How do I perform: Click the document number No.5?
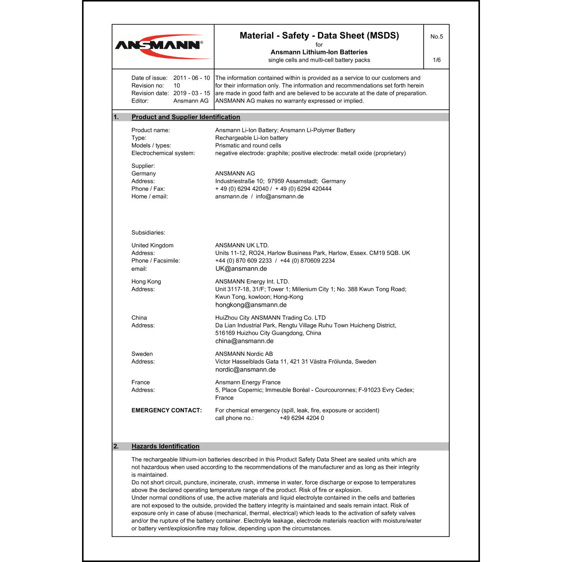click(x=436, y=37)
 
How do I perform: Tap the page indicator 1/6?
click(x=436, y=60)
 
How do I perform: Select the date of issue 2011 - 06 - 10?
click(x=191, y=78)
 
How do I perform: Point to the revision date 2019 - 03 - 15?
click(x=191, y=93)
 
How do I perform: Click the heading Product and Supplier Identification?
click(x=185, y=117)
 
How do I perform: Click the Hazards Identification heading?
click(x=165, y=447)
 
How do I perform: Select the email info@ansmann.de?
click(x=280, y=197)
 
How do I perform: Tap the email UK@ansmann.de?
click(x=241, y=269)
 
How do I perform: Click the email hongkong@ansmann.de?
click(x=251, y=305)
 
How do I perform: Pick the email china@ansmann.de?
click(x=244, y=341)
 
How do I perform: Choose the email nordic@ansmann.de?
click(x=245, y=370)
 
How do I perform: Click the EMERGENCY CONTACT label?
click(x=166, y=411)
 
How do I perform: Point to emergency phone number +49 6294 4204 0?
click(x=302, y=418)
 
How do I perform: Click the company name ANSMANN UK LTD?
click(x=242, y=245)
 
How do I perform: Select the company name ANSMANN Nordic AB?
click(x=244, y=354)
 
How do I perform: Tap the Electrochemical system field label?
click(x=163, y=153)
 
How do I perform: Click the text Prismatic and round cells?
click(x=248, y=146)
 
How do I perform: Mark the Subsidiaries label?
click(x=148, y=233)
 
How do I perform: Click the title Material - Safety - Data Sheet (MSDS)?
click(x=319, y=36)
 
